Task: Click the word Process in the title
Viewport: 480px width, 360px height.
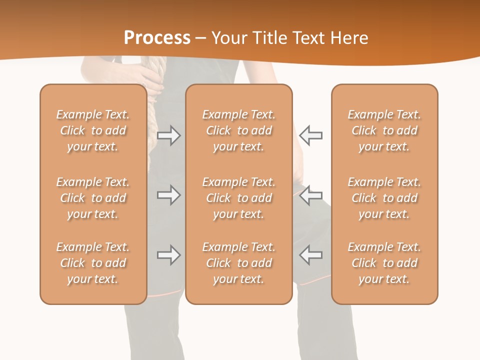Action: point(157,38)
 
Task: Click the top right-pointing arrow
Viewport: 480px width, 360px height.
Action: point(168,135)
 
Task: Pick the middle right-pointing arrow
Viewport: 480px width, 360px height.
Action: point(168,195)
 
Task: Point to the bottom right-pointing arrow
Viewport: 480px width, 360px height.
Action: point(168,255)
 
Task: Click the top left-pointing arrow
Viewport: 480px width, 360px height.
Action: point(310,135)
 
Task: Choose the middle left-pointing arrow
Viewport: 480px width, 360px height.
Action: point(310,195)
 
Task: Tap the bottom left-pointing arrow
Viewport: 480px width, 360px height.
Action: point(310,255)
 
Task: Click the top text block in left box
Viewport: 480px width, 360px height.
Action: point(93,130)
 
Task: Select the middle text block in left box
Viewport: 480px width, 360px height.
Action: point(93,198)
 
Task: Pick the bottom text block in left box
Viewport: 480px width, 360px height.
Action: point(93,263)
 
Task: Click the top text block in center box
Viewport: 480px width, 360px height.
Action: point(238,130)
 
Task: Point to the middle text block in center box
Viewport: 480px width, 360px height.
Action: point(238,198)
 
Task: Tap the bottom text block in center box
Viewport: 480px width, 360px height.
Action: point(238,263)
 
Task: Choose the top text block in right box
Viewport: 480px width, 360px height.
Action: point(384,130)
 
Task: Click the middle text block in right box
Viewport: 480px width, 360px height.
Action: point(384,198)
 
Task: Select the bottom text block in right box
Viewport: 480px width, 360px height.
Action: point(384,263)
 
